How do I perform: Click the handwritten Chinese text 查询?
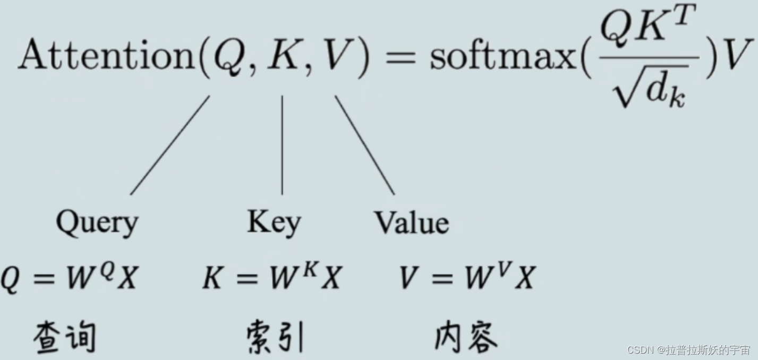65,338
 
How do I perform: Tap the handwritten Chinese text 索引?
275,338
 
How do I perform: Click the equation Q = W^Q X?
69,278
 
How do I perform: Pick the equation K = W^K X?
271,278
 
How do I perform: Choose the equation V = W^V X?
466,278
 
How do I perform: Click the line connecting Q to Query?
170,144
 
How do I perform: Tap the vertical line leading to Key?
282,144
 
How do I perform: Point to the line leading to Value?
364,144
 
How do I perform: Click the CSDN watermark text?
688,350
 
